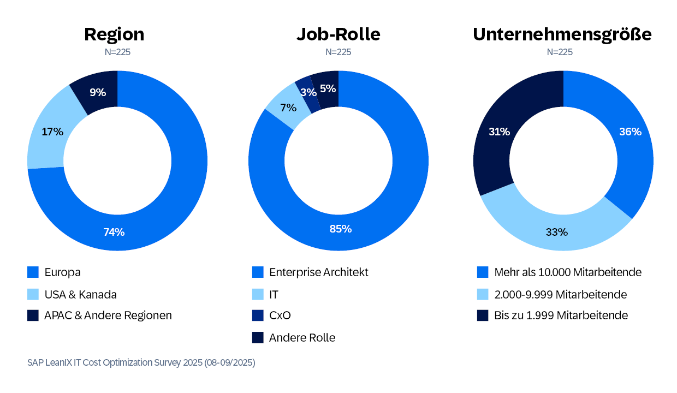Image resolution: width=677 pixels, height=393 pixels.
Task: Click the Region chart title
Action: (114, 34)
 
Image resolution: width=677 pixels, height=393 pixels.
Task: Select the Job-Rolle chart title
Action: (338, 34)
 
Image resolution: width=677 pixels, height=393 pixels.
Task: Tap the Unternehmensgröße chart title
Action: (562, 34)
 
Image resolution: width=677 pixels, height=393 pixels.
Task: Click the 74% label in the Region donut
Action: (114, 232)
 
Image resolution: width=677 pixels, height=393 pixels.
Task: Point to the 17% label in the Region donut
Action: (52, 132)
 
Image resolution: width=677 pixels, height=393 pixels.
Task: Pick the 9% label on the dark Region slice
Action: (98, 92)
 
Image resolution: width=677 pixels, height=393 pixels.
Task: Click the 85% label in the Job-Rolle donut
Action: (340, 229)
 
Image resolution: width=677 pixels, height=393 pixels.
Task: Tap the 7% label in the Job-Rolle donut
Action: (288, 108)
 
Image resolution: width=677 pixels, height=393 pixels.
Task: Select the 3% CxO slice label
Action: (308, 92)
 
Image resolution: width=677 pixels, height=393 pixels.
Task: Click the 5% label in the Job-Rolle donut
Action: (328, 88)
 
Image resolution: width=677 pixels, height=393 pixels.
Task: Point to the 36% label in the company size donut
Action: (630, 132)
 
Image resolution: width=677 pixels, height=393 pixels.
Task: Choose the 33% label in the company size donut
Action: (557, 232)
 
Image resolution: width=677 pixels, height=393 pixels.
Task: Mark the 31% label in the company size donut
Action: (499, 132)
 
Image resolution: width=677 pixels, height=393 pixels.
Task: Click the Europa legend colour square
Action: (33, 272)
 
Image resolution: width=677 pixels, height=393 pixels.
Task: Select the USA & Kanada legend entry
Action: (80, 294)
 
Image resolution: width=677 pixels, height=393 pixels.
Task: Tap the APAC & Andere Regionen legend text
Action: (108, 315)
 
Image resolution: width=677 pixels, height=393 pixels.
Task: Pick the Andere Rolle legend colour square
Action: (258, 337)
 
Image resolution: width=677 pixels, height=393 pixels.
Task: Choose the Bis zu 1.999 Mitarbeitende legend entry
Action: (561, 315)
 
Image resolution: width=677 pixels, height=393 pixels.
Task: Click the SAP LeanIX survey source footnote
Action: (141, 362)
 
